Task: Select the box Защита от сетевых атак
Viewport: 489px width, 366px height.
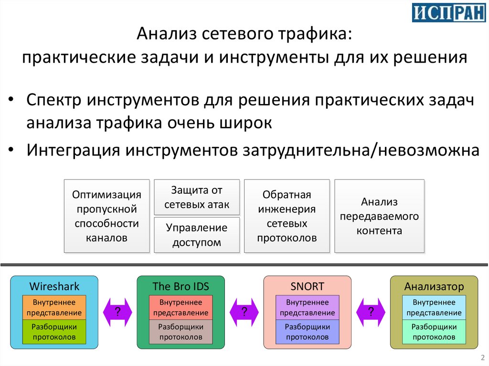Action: point(197,197)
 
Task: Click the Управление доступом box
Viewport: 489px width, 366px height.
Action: point(197,235)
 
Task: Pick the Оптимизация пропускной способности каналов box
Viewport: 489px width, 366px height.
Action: point(106,216)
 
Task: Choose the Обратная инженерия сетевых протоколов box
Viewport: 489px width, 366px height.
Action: point(287,216)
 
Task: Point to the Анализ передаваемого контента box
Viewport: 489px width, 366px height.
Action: point(379,216)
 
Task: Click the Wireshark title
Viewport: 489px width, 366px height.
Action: point(54,286)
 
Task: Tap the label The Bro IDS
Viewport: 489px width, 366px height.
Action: point(181,286)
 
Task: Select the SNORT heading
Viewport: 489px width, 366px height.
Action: point(307,286)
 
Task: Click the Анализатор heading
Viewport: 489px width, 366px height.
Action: point(434,286)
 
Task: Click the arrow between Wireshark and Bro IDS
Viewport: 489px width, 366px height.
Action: point(117,312)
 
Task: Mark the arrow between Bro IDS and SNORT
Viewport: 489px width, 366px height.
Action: point(244,312)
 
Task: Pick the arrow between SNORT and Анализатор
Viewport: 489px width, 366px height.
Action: point(371,312)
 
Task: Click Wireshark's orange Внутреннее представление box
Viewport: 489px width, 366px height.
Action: point(54,307)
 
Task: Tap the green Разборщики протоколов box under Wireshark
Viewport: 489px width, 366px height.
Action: point(54,332)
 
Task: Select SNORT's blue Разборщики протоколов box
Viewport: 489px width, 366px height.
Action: point(307,332)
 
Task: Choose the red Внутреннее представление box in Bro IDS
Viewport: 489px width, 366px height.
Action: point(181,307)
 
